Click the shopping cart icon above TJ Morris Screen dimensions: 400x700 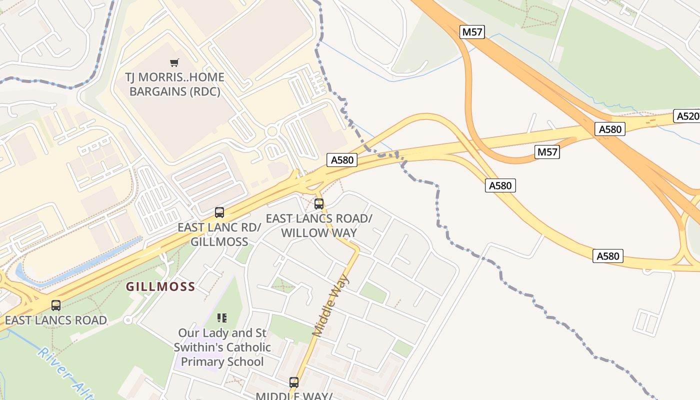tap(174, 62)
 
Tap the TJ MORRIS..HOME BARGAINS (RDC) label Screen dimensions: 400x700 tap(174, 84)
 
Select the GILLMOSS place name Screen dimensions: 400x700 tap(160, 287)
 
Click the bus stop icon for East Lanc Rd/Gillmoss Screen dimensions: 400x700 tap(219, 212)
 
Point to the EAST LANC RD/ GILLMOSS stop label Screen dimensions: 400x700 tap(219, 234)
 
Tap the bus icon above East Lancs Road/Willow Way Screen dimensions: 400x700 tap(319, 204)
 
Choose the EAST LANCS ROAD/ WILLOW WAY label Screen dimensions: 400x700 tap(319, 226)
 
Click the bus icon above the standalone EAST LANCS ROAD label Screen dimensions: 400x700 tap(56, 305)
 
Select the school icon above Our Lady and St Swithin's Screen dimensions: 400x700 tap(222, 317)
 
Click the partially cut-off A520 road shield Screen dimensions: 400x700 tap(687, 116)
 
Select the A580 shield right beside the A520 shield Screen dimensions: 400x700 tap(610, 129)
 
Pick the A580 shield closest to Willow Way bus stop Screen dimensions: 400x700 tap(342, 160)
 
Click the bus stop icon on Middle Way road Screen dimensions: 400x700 tap(294, 382)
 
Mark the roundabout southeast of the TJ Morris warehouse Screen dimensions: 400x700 tap(272, 132)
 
